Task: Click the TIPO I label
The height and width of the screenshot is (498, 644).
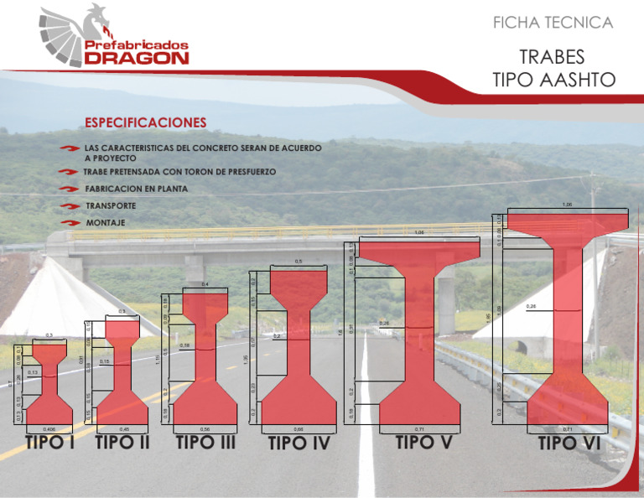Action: [x=48, y=442]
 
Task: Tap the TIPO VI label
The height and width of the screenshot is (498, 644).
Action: [x=570, y=442]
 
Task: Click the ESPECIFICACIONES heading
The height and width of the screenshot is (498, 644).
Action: [x=143, y=122]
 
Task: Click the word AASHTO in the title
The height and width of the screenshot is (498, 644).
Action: [x=578, y=80]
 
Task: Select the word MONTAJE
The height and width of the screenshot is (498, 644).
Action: [x=106, y=223]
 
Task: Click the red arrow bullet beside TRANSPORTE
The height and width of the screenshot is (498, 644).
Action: [x=70, y=206]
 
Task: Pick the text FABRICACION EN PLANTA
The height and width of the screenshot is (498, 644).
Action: [x=136, y=189]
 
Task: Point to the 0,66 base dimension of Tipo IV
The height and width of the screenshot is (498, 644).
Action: [x=297, y=428]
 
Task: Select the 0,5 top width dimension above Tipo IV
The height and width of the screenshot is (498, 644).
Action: [x=299, y=262]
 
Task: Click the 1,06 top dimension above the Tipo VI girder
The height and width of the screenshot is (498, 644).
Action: [x=568, y=205]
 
